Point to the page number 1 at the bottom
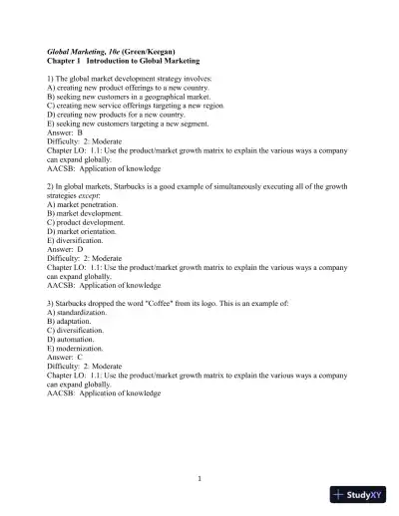pyautogui.click(x=199, y=476)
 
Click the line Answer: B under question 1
pyautogui.click(x=65, y=131)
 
